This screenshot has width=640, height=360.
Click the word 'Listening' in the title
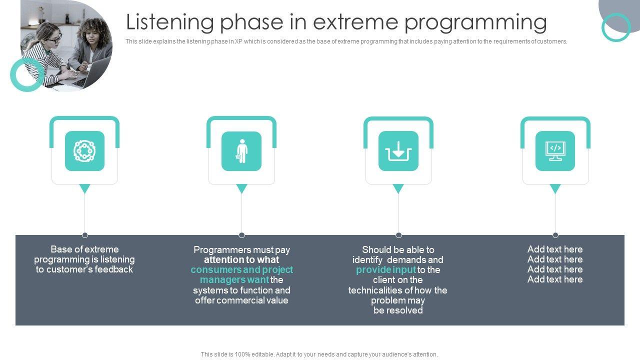click(x=169, y=22)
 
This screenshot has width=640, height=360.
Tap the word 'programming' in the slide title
click(x=475, y=23)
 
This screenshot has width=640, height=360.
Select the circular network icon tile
click(x=84, y=151)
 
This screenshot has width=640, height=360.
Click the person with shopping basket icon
click(x=241, y=151)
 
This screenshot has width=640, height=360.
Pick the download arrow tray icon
click(x=398, y=151)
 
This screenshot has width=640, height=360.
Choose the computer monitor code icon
click(x=555, y=151)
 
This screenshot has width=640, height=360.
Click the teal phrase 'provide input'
click(x=385, y=269)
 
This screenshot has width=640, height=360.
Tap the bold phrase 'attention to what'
click(x=241, y=259)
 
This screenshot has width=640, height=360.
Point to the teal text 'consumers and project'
click(x=241, y=269)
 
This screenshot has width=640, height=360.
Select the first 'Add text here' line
click(x=555, y=249)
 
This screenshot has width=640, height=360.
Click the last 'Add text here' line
click(x=555, y=279)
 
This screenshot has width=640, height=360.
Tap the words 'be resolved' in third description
click(x=398, y=310)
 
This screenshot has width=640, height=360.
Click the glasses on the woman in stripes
click(x=54, y=39)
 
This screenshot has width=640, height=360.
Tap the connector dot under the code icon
click(x=555, y=235)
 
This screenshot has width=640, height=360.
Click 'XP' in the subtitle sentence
click(x=238, y=41)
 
